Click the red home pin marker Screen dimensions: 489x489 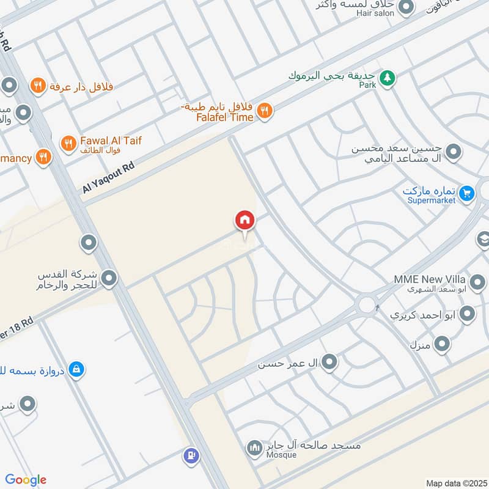tap(245, 221)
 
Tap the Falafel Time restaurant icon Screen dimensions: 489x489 tap(265, 111)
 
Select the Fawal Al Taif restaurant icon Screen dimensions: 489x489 tap(68, 144)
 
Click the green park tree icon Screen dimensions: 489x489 tap(386, 78)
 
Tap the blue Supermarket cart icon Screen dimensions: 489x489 tap(467, 194)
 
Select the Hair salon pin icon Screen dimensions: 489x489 tap(405, 7)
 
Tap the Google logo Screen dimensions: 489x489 tap(26, 480)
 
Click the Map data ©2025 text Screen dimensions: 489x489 tap(455, 483)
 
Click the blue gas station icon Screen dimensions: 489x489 tap(192, 455)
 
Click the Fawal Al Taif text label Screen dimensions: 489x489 tap(111, 141)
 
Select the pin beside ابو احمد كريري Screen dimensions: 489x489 tap(468, 315)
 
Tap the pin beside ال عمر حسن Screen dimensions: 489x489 tap(329, 363)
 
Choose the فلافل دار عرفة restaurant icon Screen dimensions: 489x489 tap(39, 86)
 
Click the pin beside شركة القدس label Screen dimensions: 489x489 tap(109, 279)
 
